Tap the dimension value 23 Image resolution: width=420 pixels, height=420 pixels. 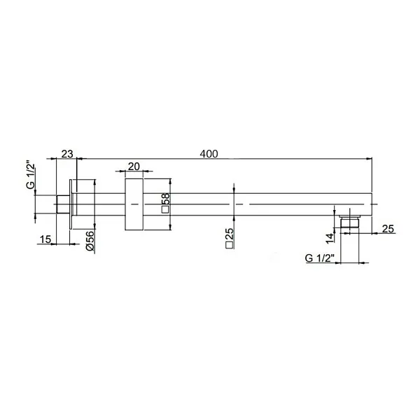68,153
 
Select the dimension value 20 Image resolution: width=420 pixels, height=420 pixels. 134,167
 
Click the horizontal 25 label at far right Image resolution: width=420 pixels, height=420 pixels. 389,228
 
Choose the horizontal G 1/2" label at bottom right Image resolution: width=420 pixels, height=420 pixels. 319,258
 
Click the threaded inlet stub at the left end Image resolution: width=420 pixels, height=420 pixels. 62,204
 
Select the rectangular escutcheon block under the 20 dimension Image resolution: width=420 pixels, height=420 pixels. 134,204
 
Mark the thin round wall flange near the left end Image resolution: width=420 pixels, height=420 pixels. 73,204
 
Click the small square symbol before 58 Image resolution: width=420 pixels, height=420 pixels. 165,209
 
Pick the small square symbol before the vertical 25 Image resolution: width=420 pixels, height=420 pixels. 230,246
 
